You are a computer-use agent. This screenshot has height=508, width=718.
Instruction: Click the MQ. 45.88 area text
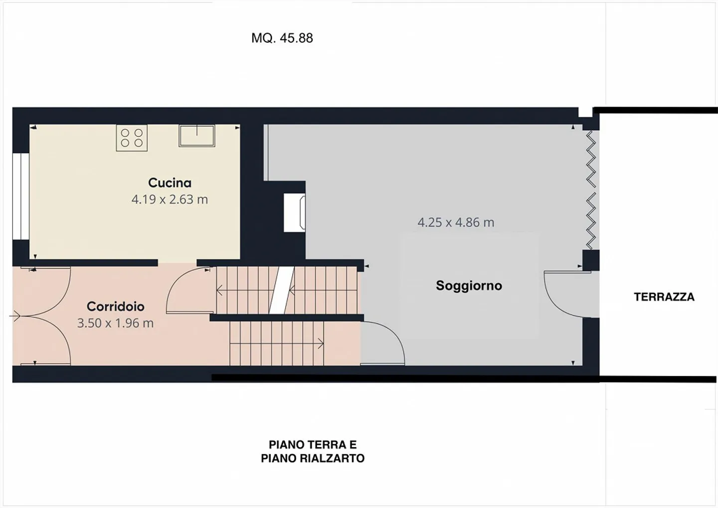pos(282,38)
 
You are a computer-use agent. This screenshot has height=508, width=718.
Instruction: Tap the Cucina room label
pos(170,182)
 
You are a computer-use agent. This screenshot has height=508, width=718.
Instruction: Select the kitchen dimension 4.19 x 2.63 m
pos(170,199)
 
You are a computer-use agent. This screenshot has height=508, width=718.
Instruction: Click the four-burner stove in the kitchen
pos(132,138)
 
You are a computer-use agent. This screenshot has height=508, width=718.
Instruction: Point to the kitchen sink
pos(197,136)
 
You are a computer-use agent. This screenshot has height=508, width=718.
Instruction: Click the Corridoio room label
pos(115,306)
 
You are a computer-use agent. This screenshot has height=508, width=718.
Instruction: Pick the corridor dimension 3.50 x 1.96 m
pos(115,323)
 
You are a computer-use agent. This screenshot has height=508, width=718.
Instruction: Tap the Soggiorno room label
pos(469,286)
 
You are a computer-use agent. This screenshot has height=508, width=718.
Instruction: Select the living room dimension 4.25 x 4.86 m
pos(456,222)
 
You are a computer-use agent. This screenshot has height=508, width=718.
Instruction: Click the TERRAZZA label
pos(664,297)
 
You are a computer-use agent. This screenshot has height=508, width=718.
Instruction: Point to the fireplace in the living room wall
pos(294,213)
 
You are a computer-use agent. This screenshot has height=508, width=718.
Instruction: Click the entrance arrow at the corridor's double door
pos(15,316)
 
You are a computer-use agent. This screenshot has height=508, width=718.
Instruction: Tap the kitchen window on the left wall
pos(20,196)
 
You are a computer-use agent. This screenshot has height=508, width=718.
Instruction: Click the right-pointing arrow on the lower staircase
pos(319,343)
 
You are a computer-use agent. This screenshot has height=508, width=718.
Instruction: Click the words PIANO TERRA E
pos(313,445)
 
